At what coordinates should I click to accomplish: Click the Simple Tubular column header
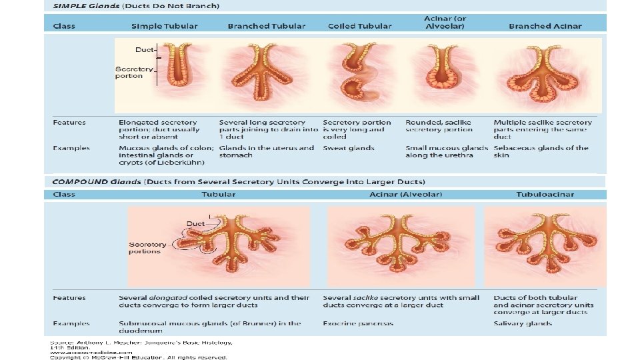[164, 26]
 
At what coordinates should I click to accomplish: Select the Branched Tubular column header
[267, 26]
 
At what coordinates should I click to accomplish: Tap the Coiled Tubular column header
[360, 26]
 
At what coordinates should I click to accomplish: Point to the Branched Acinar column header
[545, 26]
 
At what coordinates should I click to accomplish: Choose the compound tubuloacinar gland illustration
[545, 243]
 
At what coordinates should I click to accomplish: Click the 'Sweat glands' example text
[349, 149]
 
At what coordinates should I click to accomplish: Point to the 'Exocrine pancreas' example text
[358, 324]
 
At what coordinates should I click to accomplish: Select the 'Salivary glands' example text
[523, 324]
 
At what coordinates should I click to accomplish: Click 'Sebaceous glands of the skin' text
[541, 152]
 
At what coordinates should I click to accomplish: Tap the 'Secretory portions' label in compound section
[145, 248]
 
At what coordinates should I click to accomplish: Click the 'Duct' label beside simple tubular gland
[144, 49]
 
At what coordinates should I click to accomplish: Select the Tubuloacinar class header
[545, 195]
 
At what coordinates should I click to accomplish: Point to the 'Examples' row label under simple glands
[71, 148]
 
